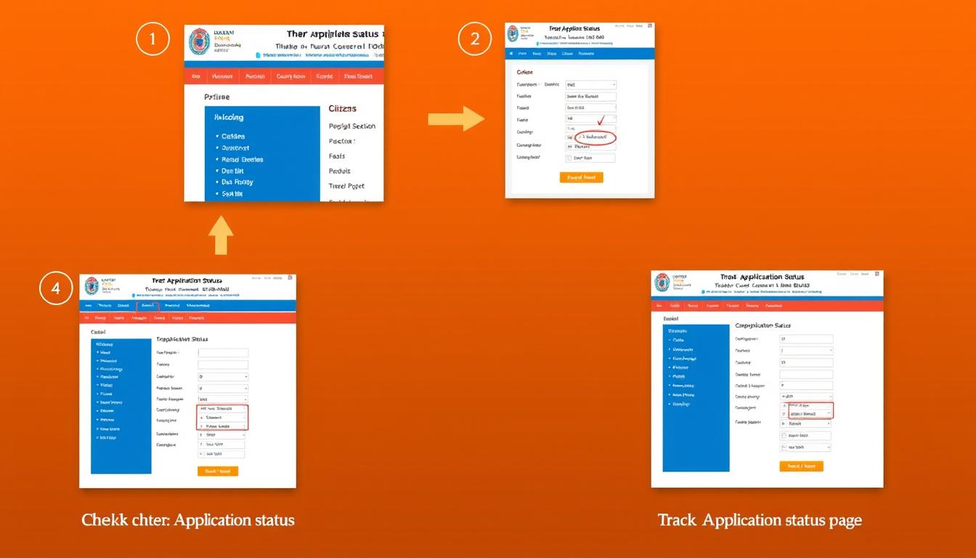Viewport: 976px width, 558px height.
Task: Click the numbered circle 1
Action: (x=152, y=39)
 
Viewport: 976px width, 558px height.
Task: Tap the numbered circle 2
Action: (x=475, y=39)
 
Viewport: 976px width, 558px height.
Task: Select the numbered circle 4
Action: (x=56, y=288)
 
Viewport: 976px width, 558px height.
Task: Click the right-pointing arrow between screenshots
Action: (x=455, y=118)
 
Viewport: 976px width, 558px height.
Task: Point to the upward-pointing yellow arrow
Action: (x=221, y=235)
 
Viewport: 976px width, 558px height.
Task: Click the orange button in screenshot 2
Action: (x=581, y=177)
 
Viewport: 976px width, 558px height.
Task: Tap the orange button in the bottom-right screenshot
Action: (x=801, y=466)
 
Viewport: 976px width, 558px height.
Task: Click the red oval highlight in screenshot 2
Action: (x=595, y=137)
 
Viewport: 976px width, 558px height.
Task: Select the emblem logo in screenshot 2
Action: (x=513, y=33)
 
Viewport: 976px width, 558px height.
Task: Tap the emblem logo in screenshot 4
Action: (x=91, y=286)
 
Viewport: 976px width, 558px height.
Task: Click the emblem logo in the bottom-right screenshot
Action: (x=662, y=282)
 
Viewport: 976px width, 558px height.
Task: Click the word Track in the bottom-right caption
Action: (x=676, y=520)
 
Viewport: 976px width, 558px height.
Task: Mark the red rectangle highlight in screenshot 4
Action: (x=223, y=418)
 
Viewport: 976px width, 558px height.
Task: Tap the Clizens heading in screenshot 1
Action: (x=343, y=108)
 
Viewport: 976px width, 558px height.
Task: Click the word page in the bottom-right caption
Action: (x=845, y=520)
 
